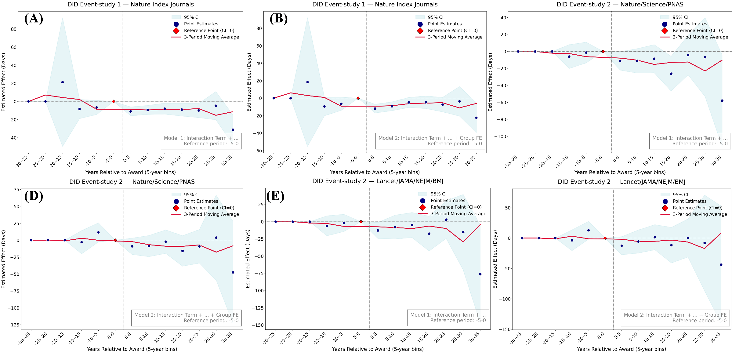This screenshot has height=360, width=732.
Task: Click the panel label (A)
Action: [34, 19]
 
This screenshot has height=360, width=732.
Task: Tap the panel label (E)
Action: [275, 196]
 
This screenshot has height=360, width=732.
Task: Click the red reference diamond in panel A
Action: [114, 101]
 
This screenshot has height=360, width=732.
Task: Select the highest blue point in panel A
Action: [63, 82]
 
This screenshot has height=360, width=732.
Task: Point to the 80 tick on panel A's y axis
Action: [13, 29]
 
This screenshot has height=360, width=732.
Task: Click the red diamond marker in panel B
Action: [358, 98]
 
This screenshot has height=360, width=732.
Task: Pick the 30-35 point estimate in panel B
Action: [476, 118]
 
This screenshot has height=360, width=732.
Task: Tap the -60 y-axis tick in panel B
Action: [259, 151]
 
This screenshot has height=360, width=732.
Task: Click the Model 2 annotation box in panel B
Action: [430, 141]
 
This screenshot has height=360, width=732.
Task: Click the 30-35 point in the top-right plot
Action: [722, 101]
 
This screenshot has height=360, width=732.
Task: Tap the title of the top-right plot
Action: [620, 4]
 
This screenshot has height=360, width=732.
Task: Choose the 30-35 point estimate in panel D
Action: [233, 272]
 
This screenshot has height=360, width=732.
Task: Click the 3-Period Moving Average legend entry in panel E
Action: [458, 214]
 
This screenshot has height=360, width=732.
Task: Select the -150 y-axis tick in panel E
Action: [258, 325]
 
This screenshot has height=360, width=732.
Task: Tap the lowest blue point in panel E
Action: [480, 274]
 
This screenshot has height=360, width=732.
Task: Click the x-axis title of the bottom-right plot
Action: [621, 349]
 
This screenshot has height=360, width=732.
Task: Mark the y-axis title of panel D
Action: [4, 259]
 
